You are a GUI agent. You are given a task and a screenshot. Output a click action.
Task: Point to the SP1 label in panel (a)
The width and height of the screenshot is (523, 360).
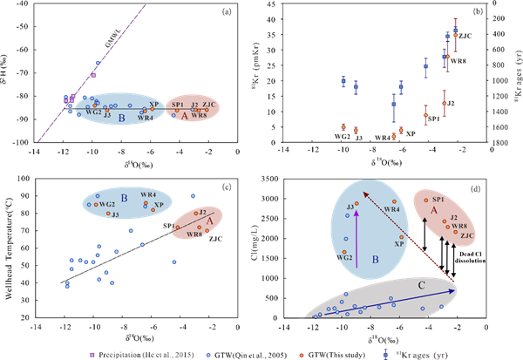point(177,104)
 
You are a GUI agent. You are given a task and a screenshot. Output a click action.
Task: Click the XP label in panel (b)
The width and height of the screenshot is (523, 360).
point(411,134)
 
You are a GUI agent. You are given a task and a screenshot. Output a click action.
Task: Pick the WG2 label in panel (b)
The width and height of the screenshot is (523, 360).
point(342,136)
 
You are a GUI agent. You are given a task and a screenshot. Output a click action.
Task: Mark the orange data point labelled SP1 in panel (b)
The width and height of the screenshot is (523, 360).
point(425,114)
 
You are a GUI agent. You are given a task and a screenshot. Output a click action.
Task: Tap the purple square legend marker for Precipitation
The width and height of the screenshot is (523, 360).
point(92,353)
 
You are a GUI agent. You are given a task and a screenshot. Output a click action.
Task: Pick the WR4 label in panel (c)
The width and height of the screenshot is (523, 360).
point(148,194)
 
